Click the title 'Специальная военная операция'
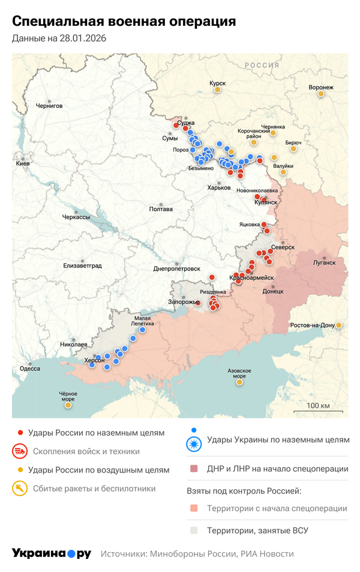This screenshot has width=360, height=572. click(124, 22)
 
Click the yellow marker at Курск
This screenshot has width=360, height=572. click(217, 90)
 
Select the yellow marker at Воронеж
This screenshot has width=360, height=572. click(321, 94)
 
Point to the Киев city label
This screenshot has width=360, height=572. click(23, 163)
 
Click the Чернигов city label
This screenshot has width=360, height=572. click(49, 106)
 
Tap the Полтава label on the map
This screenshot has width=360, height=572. click(161, 209)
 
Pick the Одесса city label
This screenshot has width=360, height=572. click(30, 369)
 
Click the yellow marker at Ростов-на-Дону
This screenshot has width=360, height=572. click(339, 325)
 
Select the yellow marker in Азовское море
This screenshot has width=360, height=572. click(239, 382)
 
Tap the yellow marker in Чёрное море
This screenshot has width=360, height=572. click(68, 405)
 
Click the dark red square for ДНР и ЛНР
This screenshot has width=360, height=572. click(193, 469)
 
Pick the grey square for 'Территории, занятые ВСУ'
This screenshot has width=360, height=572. click(193, 531)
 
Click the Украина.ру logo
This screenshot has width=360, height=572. click(52, 553)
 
